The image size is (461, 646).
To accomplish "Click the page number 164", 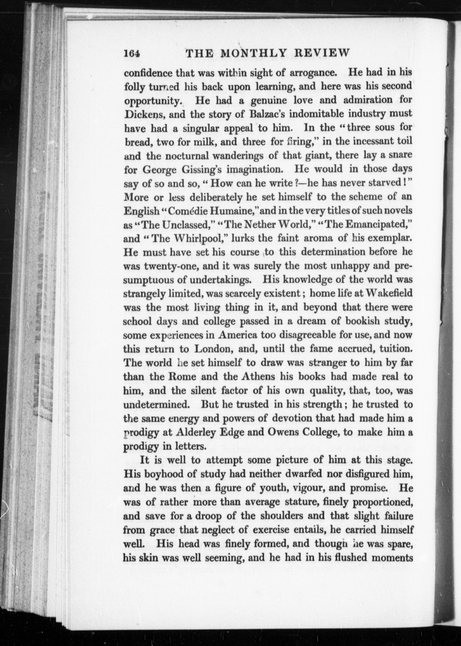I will [x=132, y=53].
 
